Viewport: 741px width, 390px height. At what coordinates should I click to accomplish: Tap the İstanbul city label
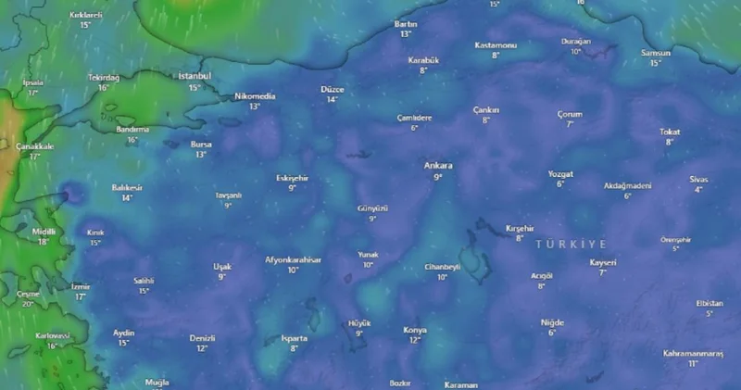[x=195, y=76]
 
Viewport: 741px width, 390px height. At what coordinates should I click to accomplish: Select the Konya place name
[x=415, y=330]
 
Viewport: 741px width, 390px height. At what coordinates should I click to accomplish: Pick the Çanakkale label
[x=35, y=146]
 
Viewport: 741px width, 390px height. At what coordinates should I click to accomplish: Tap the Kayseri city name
[x=602, y=262]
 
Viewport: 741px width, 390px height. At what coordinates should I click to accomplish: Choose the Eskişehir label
[x=292, y=177]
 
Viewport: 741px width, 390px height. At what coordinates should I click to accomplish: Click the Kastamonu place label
[x=496, y=45]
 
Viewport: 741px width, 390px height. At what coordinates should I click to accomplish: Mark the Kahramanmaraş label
[x=693, y=354]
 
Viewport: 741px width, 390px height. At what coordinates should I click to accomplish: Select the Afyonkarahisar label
[x=293, y=259]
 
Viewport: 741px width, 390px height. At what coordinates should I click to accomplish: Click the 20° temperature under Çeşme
[x=28, y=304]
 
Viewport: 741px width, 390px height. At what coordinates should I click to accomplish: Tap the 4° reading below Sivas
[x=698, y=189]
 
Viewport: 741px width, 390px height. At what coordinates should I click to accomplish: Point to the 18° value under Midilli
[x=44, y=242]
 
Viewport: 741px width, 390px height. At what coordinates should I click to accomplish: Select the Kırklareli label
[x=85, y=16]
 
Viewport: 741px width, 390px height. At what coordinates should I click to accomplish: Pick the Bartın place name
[x=406, y=23]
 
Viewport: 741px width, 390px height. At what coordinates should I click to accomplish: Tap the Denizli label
[x=202, y=338]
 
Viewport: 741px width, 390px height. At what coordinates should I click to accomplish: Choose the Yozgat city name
[x=560, y=174]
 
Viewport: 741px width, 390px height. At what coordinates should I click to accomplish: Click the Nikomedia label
[x=255, y=96]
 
